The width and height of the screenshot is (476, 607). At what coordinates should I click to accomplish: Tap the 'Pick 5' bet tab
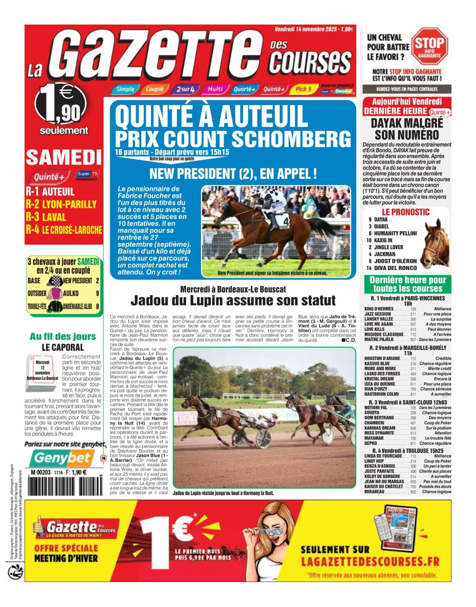(303, 89)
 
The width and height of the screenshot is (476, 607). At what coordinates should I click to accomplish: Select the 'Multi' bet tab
(215, 89)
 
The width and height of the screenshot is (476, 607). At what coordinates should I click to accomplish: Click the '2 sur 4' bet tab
(185, 89)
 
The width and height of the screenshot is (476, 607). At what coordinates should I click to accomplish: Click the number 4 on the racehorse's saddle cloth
(286, 221)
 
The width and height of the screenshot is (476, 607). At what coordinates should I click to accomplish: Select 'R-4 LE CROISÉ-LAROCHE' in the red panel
(64, 229)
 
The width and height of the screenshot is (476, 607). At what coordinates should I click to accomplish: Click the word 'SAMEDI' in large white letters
(64, 157)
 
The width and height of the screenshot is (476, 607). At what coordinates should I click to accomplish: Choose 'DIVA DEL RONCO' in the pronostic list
(390, 268)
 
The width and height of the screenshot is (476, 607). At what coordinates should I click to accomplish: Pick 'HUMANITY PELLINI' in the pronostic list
(390, 233)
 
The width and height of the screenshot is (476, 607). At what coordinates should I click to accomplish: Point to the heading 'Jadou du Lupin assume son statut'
(233, 301)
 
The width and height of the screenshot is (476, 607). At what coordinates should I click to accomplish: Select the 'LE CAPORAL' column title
(63, 347)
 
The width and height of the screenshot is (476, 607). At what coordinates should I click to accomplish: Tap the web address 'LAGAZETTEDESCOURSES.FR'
(370, 562)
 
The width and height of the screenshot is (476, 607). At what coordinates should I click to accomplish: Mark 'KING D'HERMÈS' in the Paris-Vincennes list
(379, 309)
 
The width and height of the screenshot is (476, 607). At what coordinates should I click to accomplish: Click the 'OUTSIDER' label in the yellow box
(37, 293)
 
